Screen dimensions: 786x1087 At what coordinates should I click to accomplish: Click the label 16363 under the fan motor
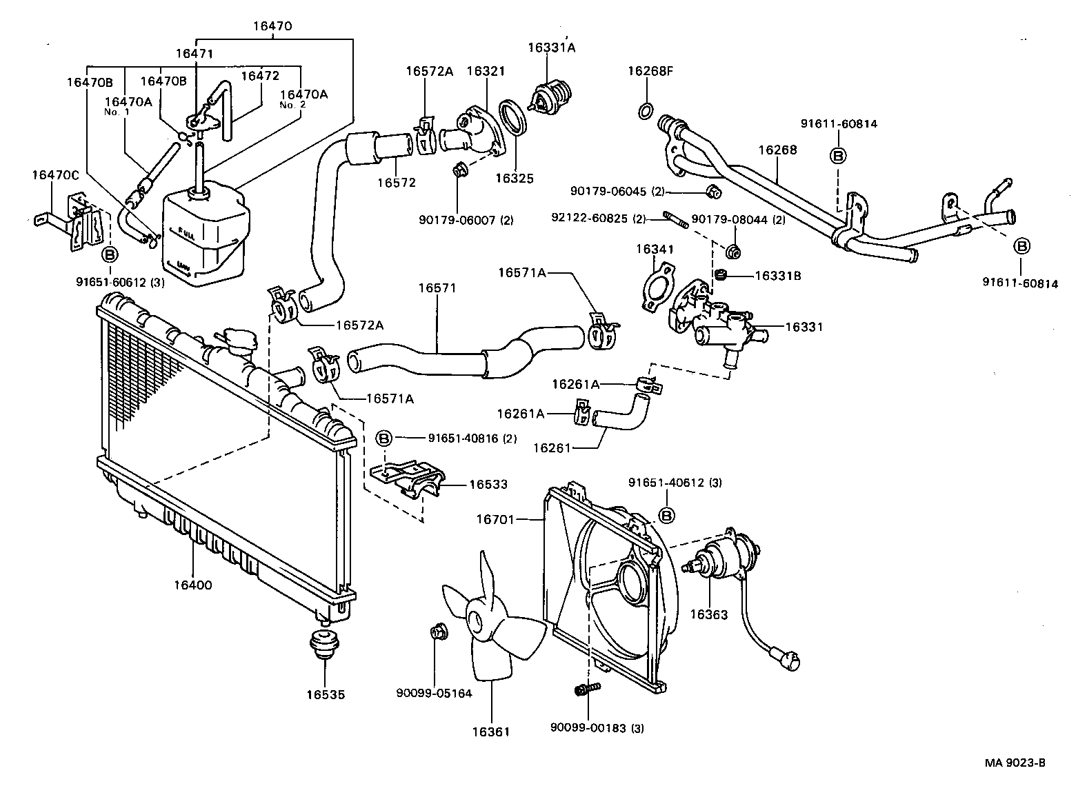pyautogui.click(x=708, y=614)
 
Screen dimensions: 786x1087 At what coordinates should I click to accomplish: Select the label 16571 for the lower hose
pyautogui.click(x=436, y=288)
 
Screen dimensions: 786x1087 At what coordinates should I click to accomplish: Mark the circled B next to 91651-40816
pyautogui.click(x=383, y=438)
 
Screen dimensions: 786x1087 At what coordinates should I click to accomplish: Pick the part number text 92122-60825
pyautogui.click(x=590, y=219)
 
